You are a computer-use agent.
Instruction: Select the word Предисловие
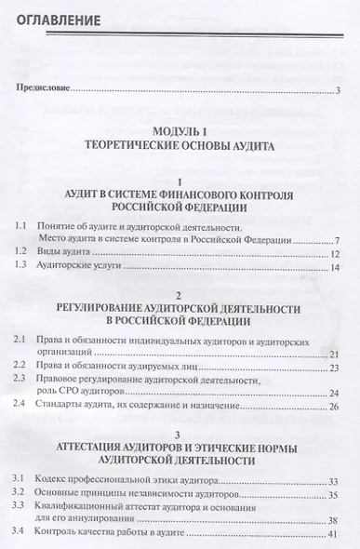43,89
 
